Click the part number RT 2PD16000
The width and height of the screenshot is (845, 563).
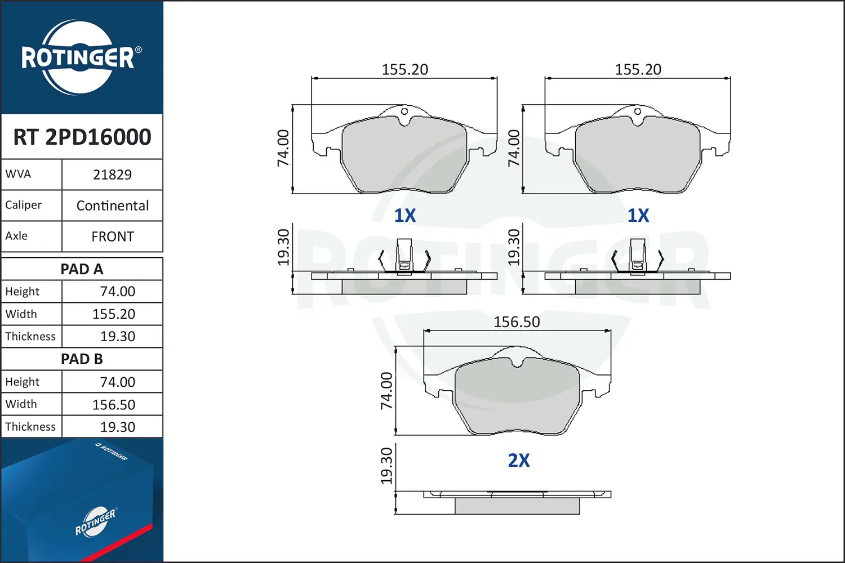82,137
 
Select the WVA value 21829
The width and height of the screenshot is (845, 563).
112,175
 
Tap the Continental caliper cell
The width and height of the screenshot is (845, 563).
113,206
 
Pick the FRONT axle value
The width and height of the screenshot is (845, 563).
113,237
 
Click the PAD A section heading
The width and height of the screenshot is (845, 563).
82,269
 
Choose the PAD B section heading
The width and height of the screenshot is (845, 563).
82,359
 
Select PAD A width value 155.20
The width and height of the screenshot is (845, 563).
114,314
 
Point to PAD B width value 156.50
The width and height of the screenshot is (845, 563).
114,405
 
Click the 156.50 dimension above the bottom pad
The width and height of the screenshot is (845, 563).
517,322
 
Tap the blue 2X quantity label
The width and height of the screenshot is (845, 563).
519,461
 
